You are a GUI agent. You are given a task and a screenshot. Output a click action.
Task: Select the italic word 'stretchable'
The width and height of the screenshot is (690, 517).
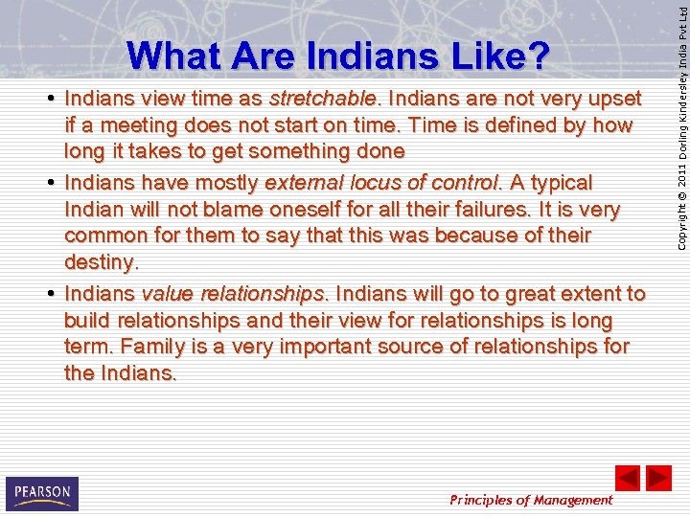[324, 99]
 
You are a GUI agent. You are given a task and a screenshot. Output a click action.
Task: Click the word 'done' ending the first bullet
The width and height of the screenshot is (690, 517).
[376, 151]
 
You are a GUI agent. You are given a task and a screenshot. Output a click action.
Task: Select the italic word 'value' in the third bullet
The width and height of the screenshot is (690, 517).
[167, 294]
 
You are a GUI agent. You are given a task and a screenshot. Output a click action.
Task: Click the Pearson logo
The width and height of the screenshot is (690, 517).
[41, 494]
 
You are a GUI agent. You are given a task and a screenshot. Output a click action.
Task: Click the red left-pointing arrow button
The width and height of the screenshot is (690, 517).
[627, 477]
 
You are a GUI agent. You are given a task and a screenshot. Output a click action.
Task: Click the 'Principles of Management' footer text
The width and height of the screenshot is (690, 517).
[531, 500]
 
